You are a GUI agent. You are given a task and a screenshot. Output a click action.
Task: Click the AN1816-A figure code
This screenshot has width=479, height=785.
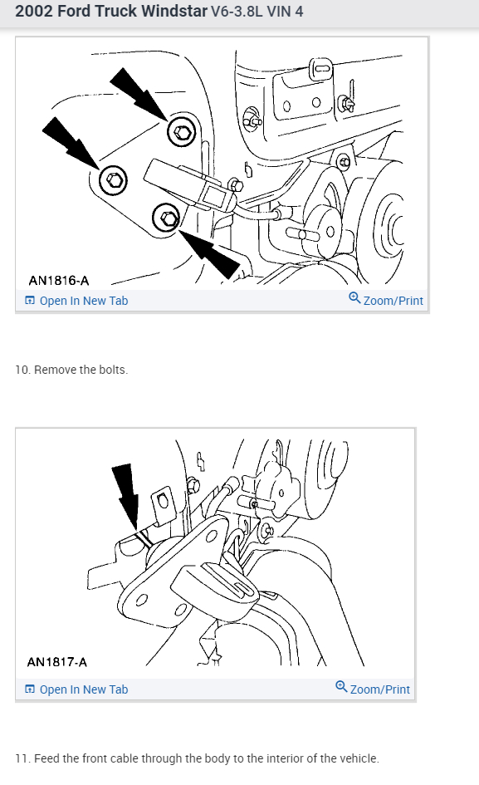click(x=59, y=281)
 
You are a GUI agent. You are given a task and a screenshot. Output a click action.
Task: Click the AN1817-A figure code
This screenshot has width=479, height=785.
click(x=57, y=662)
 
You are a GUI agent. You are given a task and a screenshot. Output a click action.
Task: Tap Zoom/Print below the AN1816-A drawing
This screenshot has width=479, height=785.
click(x=386, y=300)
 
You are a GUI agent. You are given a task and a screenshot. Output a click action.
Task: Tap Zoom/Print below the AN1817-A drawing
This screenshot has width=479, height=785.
click(x=373, y=689)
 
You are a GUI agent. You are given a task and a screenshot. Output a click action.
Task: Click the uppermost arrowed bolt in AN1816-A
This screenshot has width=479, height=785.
click(x=181, y=132)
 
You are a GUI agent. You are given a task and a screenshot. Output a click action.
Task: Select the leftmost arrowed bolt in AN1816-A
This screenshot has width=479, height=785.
click(x=113, y=179)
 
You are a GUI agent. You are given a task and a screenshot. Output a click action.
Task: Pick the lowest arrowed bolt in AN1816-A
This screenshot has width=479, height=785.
click(x=167, y=218)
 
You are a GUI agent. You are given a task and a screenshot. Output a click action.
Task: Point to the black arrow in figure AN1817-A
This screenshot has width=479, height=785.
click(x=126, y=496)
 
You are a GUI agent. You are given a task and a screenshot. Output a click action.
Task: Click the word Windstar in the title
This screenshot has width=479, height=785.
click(x=174, y=11)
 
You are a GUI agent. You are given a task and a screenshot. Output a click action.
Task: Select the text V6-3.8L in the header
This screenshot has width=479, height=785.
click(x=237, y=11)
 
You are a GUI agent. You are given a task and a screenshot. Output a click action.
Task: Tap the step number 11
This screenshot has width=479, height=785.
click(x=22, y=758)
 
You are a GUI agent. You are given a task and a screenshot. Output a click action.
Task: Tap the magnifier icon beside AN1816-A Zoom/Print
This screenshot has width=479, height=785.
click(x=354, y=298)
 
